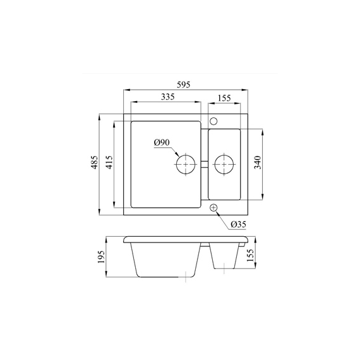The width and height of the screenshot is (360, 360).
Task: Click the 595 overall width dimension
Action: pyautogui.click(x=184, y=85)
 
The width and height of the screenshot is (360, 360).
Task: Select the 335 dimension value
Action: pyautogui.click(x=167, y=97)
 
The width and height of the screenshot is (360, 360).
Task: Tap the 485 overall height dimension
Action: pyautogui.click(x=95, y=162)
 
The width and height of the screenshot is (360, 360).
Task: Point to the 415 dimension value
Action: pyautogui.click(x=110, y=162)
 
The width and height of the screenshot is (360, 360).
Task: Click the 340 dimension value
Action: pyautogui.click(x=258, y=162)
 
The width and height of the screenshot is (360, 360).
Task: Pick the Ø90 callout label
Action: pyautogui.click(x=162, y=143)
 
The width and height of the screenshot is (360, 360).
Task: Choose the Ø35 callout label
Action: pyautogui.click(x=238, y=224)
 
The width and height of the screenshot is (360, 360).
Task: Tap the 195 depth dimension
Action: pyautogui.click(x=101, y=256)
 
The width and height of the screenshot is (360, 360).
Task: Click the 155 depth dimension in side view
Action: pyautogui.click(x=250, y=255)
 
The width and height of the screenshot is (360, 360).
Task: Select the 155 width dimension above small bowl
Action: pyautogui.click(x=224, y=98)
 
